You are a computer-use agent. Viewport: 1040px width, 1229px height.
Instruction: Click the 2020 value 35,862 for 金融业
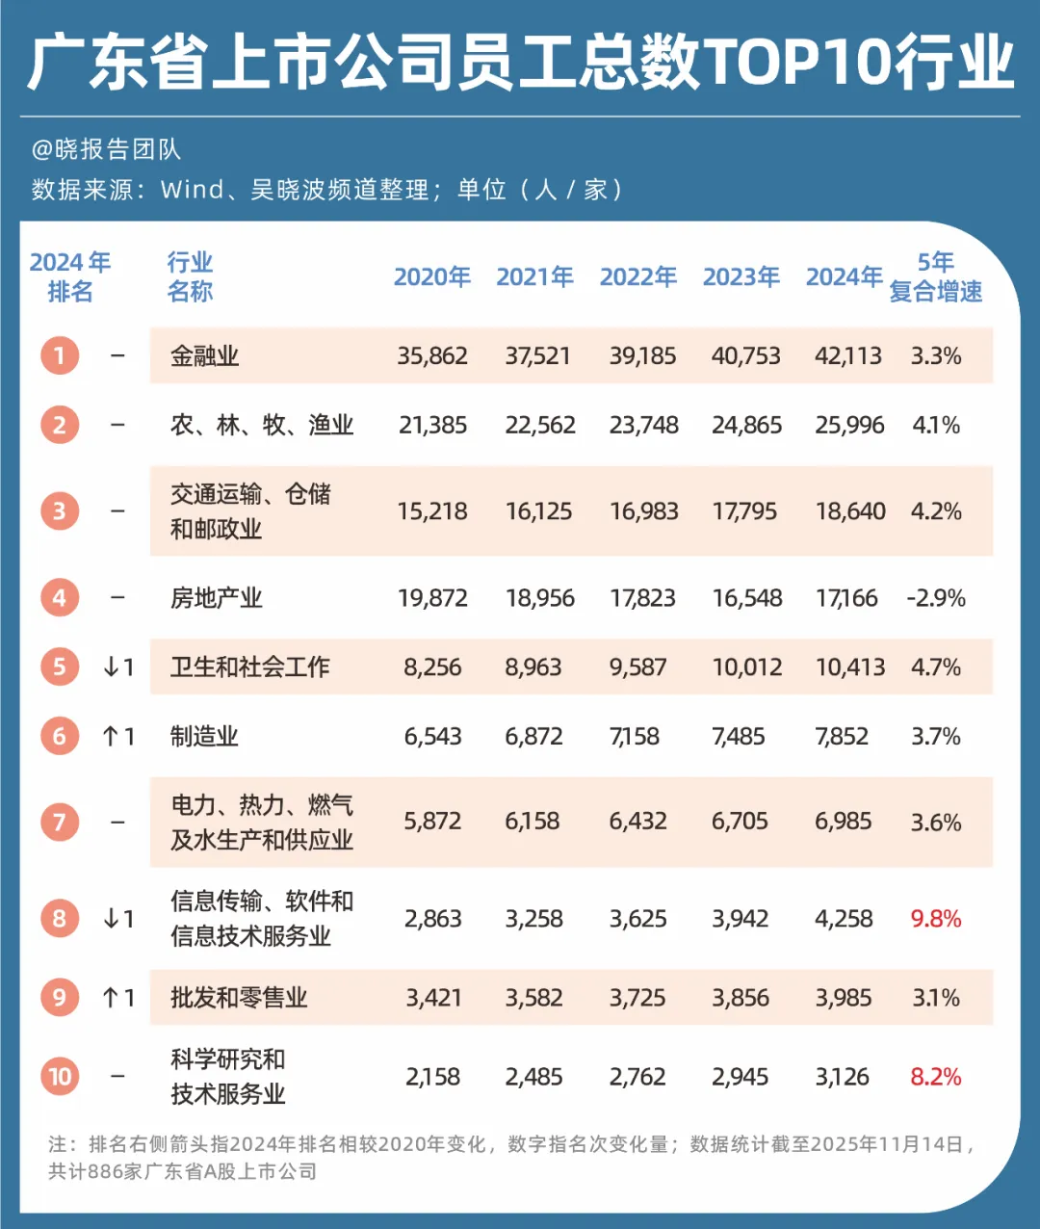(432, 355)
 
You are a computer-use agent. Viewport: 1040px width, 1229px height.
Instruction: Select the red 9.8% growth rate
(936, 919)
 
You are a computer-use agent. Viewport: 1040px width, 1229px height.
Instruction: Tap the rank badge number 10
(60, 1076)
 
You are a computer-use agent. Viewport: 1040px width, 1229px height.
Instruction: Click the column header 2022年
(637, 277)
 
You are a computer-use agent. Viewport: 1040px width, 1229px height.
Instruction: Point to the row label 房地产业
(216, 598)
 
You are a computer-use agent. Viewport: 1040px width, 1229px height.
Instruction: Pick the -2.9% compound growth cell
(936, 598)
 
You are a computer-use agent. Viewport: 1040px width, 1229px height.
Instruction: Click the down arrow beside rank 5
(111, 667)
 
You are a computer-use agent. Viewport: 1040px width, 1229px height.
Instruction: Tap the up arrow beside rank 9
(111, 998)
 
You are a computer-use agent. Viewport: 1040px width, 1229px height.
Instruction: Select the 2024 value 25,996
(849, 425)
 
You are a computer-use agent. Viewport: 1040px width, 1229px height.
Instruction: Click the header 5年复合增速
(936, 277)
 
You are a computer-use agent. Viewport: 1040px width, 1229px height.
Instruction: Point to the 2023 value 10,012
(747, 667)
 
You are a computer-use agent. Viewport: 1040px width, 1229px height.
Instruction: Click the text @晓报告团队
(106, 149)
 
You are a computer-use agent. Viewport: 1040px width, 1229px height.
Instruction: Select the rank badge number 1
(60, 355)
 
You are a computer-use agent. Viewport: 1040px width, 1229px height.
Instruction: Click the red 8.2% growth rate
(936, 1077)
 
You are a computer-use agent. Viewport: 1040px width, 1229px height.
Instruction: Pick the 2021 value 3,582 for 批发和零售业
(533, 998)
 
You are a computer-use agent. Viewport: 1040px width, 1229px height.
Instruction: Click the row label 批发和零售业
(239, 998)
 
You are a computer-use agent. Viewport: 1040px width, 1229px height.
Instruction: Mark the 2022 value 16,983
(643, 511)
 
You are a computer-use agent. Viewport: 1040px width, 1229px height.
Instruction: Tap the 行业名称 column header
(190, 277)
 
